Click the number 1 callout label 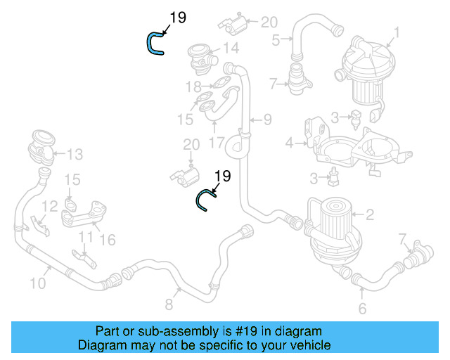[x=397, y=32]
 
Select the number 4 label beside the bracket [x=289, y=144]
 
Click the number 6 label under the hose [x=362, y=309]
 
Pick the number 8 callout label [x=169, y=304]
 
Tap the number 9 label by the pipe [x=267, y=120]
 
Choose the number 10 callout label [x=38, y=283]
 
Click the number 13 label [x=75, y=153]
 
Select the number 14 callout [x=231, y=49]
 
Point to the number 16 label [x=108, y=240]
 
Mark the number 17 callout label [x=217, y=142]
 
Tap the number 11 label [x=84, y=237]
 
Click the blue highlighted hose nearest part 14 [x=153, y=44]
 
